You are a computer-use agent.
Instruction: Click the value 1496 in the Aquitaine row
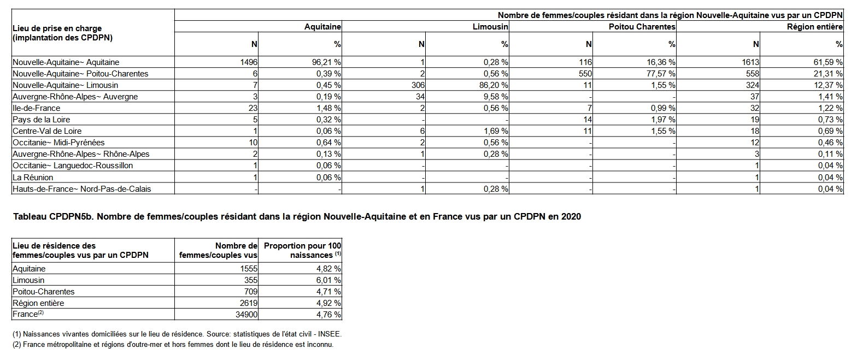pyautogui.click(x=249, y=62)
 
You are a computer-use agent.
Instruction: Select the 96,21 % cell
pyautogui.click(x=326, y=62)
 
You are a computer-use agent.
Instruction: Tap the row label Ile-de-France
pyautogui.click(x=36, y=108)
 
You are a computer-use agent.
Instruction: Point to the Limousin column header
pyautogui.click(x=490, y=27)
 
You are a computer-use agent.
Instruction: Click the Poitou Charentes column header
pyautogui.click(x=642, y=27)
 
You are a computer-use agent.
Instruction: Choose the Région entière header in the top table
pyautogui.click(x=814, y=27)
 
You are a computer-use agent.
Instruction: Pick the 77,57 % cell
pyautogui.click(x=661, y=74)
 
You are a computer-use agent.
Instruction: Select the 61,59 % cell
pyautogui.click(x=828, y=62)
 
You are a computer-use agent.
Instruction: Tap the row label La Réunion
pyautogui.click(x=33, y=178)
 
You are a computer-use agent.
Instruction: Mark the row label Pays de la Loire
pyautogui.click(x=41, y=120)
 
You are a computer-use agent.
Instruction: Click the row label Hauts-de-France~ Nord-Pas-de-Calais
pyautogui.click(x=81, y=189)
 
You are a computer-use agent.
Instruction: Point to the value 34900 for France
pyautogui.click(x=246, y=315)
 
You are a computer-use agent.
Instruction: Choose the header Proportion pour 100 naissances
pyautogui.click(x=302, y=250)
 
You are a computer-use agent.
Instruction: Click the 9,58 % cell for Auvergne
pyautogui.click(x=496, y=97)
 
